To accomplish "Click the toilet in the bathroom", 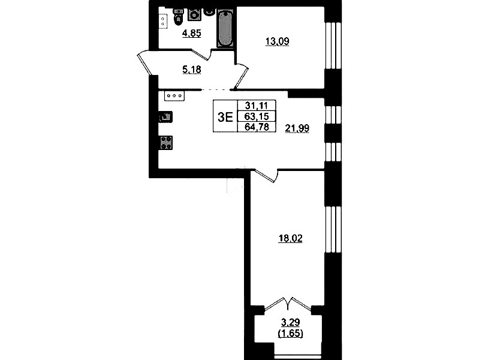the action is [x=178, y=17].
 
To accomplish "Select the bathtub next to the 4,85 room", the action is [x=225, y=28].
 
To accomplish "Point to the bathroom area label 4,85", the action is [x=191, y=33].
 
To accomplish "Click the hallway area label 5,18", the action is [x=191, y=70].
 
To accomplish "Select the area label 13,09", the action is [x=277, y=41].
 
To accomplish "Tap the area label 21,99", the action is [x=297, y=128].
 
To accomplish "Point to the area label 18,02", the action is [x=290, y=238].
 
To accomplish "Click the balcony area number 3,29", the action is [x=291, y=322].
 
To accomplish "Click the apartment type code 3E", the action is [x=225, y=117].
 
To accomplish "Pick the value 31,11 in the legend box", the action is [x=257, y=106].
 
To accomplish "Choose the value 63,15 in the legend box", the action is [x=257, y=116].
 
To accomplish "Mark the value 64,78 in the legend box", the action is [x=257, y=127].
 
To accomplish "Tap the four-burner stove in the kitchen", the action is [x=166, y=143].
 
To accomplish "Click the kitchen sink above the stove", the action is [x=165, y=117].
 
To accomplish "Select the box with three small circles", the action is [x=174, y=96].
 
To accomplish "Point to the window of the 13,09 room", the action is [x=333, y=46].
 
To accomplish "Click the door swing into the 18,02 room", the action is [x=266, y=175].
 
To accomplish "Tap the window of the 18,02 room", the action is [x=333, y=230].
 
